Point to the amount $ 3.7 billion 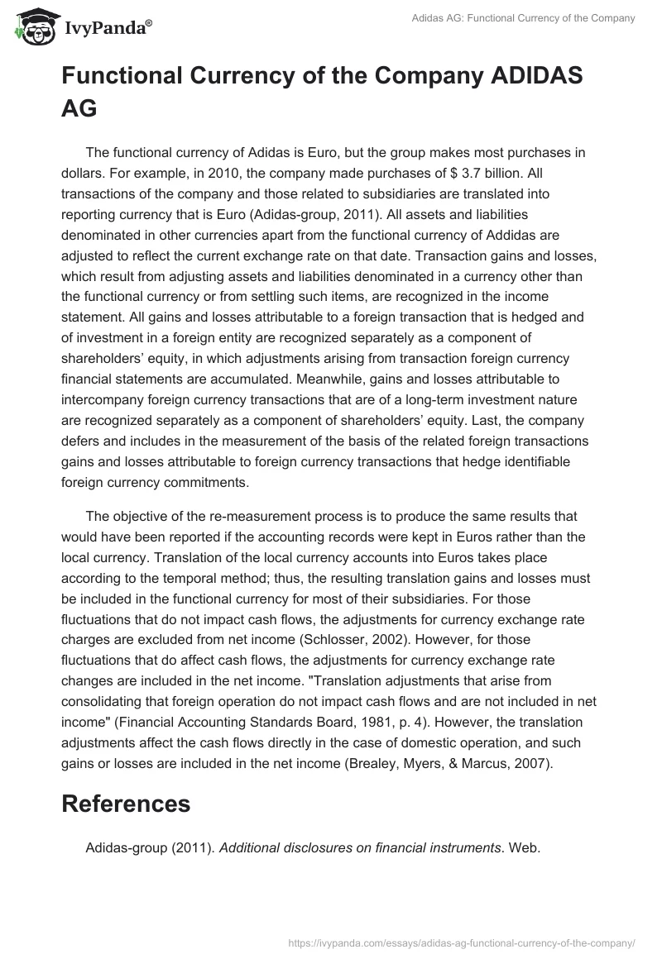(x=450, y=174)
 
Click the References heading (x=126, y=804)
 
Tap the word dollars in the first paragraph (x=83, y=174)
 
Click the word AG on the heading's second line (x=79, y=108)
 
